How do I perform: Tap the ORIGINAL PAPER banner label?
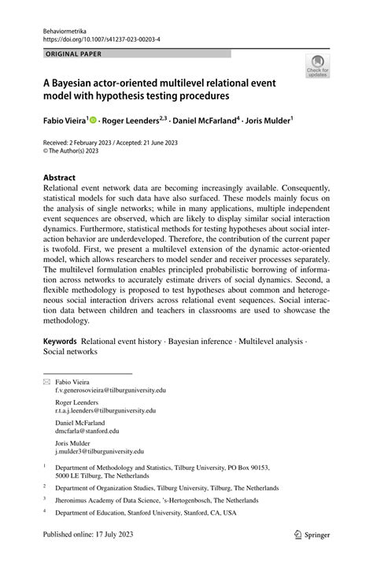pos(75,54)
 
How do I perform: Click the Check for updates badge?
pos(318,68)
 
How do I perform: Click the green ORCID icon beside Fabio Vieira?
pos(93,121)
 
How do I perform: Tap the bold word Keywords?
pos(60,341)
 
